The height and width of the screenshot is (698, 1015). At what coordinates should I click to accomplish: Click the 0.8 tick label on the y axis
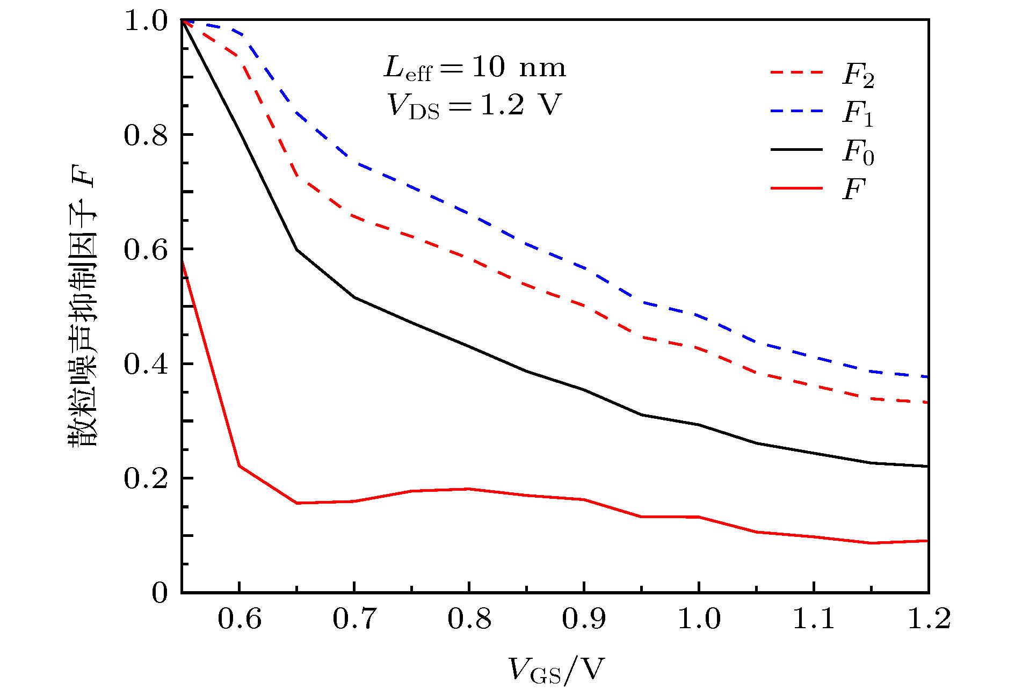coord(146,135)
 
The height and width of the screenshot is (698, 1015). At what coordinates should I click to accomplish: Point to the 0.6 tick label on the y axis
coord(146,250)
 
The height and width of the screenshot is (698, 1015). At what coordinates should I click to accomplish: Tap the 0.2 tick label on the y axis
coord(146,478)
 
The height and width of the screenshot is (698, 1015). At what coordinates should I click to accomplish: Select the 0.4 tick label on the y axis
coord(146,365)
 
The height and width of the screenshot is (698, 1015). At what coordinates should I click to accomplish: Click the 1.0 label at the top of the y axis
coord(146,21)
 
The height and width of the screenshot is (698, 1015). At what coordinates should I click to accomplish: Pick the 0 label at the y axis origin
coord(160,593)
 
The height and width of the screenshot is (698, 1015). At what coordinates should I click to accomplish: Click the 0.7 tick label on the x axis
coord(354,619)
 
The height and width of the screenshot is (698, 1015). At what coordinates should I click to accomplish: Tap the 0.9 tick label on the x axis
coord(584,619)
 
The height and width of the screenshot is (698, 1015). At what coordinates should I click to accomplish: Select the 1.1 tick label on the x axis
coord(814,619)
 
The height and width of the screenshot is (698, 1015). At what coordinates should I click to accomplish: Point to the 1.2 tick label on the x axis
coord(929,619)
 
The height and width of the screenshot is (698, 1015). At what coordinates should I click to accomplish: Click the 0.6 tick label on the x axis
coord(239,619)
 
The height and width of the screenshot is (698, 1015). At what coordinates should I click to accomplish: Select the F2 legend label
coord(858,75)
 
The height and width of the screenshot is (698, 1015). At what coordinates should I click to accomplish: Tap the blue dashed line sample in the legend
coord(796,111)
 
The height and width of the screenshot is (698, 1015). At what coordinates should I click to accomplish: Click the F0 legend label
coord(858,152)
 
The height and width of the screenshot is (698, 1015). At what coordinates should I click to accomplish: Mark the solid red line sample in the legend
coord(796,188)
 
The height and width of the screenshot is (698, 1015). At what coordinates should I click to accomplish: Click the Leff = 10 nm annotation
coord(475,69)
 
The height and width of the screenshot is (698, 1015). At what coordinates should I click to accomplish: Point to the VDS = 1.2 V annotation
coord(475,105)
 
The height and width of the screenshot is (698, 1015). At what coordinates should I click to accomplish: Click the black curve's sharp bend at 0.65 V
coord(296,250)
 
